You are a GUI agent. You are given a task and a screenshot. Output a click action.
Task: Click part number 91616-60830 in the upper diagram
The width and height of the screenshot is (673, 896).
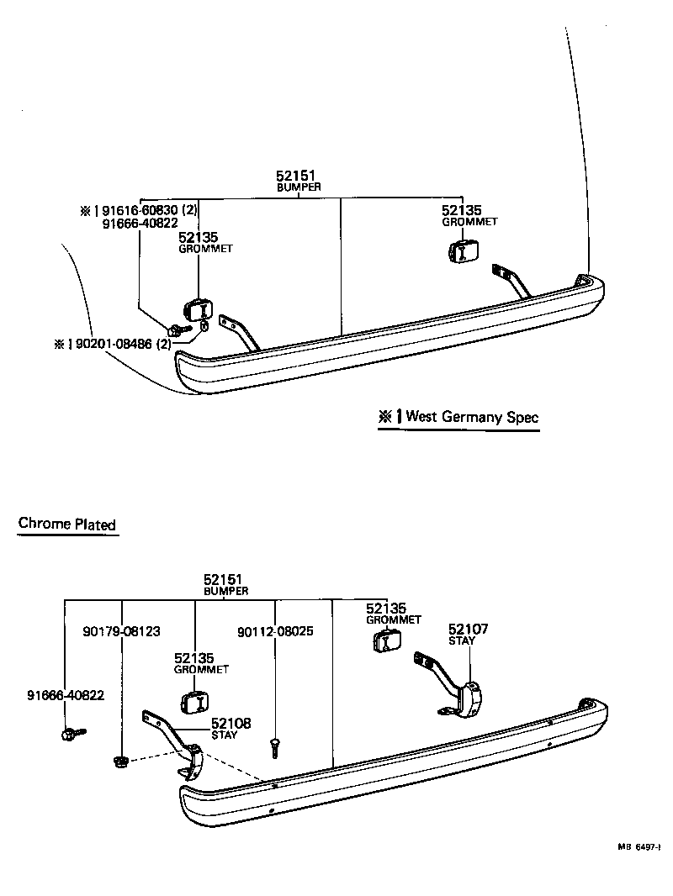(x=143, y=210)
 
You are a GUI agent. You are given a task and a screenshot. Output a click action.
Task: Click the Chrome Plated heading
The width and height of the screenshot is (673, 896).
(x=67, y=524)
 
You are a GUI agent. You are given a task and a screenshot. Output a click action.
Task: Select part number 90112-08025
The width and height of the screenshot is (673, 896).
(x=275, y=630)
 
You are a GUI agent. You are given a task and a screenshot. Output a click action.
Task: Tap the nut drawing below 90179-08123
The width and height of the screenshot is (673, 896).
(x=120, y=762)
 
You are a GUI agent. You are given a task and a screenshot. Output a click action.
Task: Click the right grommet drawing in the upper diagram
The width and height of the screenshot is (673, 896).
(x=464, y=250)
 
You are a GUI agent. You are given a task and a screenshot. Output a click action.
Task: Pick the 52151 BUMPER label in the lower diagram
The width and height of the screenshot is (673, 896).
(x=225, y=585)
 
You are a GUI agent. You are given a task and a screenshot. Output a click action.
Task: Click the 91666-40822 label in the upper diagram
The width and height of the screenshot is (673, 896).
(x=139, y=224)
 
